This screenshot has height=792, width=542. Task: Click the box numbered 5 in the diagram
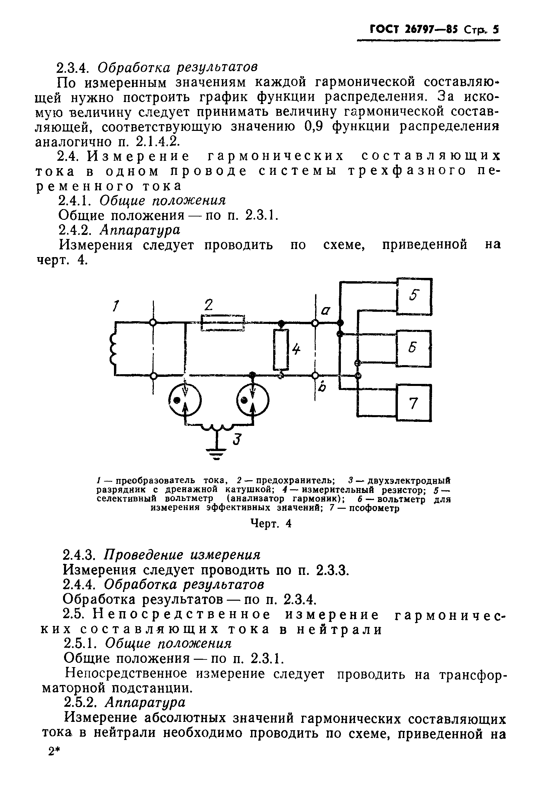414,296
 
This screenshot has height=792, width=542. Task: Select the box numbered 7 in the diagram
414,402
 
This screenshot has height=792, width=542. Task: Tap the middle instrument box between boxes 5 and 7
414,348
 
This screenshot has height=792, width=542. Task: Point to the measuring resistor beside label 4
281,349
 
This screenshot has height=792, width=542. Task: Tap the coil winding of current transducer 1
113,349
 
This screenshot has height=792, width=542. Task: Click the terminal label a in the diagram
326,310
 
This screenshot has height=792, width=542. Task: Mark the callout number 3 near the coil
237,440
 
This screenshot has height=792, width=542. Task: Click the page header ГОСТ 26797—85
414,30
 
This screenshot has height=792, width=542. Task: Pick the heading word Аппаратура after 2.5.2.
145,702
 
